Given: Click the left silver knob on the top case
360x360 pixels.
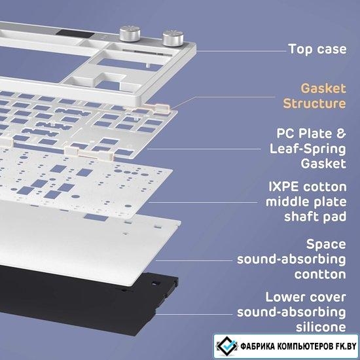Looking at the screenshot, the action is pyautogui.click(x=130, y=34).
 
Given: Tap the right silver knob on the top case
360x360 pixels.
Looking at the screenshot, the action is pyautogui.click(x=173, y=38).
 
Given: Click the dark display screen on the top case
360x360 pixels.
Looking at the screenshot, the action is pyautogui.click(x=75, y=34).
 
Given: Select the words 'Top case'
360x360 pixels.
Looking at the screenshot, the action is pyautogui.click(x=317, y=49).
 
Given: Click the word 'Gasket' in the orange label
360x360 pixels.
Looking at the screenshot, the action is pyautogui.click(x=323, y=88).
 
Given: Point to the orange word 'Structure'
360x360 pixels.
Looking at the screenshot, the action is pyautogui.click(x=314, y=103).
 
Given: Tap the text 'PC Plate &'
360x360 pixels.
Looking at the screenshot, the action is pyautogui.click(x=311, y=134).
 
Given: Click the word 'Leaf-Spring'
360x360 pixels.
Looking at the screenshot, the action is pyautogui.click(x=308, y=149).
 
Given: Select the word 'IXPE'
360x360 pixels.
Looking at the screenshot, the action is pyautogui.click(x=283, y=187).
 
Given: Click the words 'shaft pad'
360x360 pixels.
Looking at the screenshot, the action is pyautogui.click(x=315, y=217).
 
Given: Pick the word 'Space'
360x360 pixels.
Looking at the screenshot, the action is pyautogui.click(x=326, y=245).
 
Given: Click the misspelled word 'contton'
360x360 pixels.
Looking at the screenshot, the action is pyautogui.click(x=320, y=274).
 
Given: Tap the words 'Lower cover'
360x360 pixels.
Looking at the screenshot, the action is pyautogui.click(x=306, y=297).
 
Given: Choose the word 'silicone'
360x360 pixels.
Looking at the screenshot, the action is pyautogui.click(x=321, y=327).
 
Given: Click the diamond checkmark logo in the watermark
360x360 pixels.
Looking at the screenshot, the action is pyautogui.click(x=227, y=346).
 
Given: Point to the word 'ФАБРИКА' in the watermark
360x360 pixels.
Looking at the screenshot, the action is pyautogui.click(x=258, y=346).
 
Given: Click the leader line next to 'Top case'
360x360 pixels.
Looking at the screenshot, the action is pyautogui.click(x=241, y=51).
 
